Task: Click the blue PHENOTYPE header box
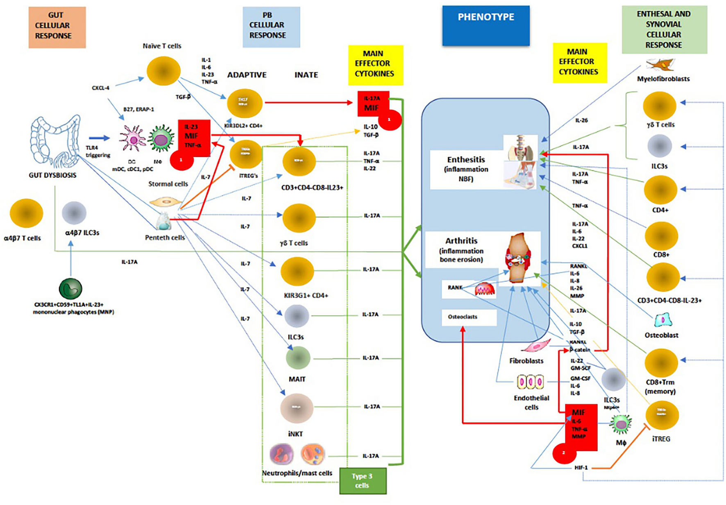[486, 25]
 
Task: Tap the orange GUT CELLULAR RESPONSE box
[57, 27]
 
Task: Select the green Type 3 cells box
[363, 481]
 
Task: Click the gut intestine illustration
[56, 141]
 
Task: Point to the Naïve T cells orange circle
[163, 71]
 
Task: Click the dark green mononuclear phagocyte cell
[70, 289]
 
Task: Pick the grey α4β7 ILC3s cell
[74, 213]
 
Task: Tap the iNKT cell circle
[297, 408]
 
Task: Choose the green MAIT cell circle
[298, 358]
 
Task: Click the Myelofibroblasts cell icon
[660, 65]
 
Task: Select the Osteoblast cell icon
[662, 320]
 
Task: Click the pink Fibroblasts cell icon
[536, 346]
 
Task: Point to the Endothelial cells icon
[531, 383]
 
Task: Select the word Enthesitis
[466, 160]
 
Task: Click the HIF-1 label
[581, 467]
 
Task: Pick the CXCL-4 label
[100, 88]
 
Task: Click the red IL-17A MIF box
[373, 104]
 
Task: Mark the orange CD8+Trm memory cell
[661, 363]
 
